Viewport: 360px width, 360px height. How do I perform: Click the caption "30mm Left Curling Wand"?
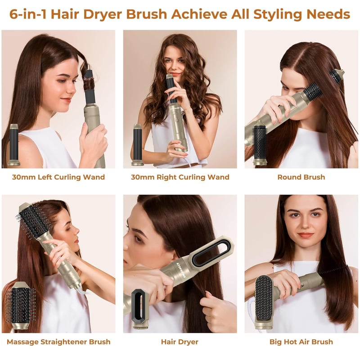coord(58,177)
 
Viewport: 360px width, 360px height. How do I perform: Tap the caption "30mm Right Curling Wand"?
coord(180,177)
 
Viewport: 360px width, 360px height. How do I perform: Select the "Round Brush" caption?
coord(301,177)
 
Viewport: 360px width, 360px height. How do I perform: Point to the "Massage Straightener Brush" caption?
coord(58,342)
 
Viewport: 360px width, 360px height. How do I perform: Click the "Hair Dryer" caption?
coord(180,342)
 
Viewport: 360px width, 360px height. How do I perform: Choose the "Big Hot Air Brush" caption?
coord(301,342)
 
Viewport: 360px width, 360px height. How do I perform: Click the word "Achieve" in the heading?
coord(199,14)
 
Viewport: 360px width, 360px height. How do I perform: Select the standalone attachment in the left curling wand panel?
coord(14,144)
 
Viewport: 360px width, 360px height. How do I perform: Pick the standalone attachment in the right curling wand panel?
coord(138,144)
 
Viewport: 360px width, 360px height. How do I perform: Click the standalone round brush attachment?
coord(260,142)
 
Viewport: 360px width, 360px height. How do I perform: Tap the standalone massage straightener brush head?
coord(20,306)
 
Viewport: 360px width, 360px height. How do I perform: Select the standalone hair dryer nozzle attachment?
coord(140,309)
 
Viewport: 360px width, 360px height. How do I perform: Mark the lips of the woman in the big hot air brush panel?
coord(306,235)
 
